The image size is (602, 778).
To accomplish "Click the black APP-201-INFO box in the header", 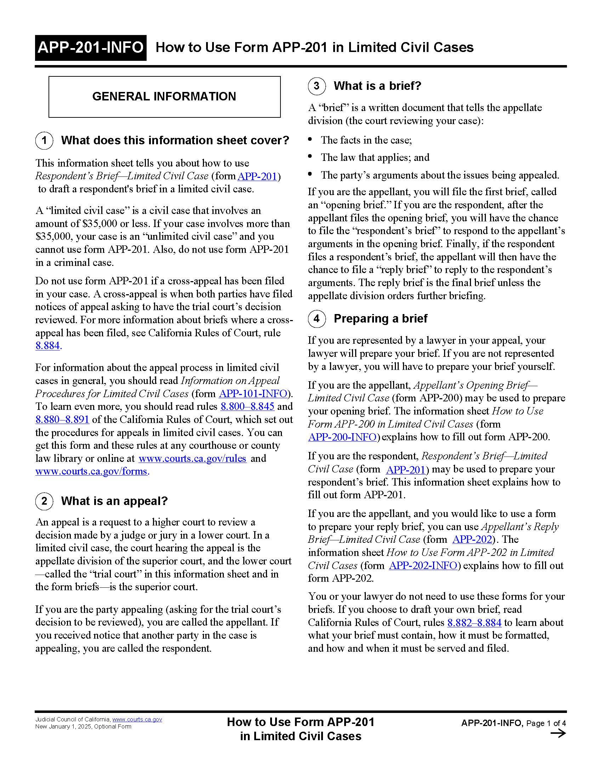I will point(91,48).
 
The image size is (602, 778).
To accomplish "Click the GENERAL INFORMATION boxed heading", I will point(164,97).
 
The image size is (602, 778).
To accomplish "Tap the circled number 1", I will point(44,140).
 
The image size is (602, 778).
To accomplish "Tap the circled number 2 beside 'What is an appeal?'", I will point(44,501).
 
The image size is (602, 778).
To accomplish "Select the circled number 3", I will point(317,86).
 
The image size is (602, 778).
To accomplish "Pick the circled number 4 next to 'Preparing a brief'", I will point(317,319).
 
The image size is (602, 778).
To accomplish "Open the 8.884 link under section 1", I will point(47,346).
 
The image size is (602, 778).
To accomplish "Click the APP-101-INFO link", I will point(253,394).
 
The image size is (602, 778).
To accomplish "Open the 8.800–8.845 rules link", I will point(247,406).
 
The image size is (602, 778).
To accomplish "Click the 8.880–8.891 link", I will point(62,420).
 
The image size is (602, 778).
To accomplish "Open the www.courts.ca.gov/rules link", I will point(192,458).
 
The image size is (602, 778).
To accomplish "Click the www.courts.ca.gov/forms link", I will point(91,471).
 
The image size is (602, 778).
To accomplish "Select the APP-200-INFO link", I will point(342,437).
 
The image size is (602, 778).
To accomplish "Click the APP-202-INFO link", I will point(423,565).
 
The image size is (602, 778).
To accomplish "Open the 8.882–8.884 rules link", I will point(474,622).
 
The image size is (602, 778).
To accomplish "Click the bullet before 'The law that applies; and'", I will point(311,157).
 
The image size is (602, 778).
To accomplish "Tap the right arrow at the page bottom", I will point(558,733).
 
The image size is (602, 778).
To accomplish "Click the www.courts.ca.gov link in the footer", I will point(137,720).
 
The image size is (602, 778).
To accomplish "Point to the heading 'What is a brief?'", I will point(377,86).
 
